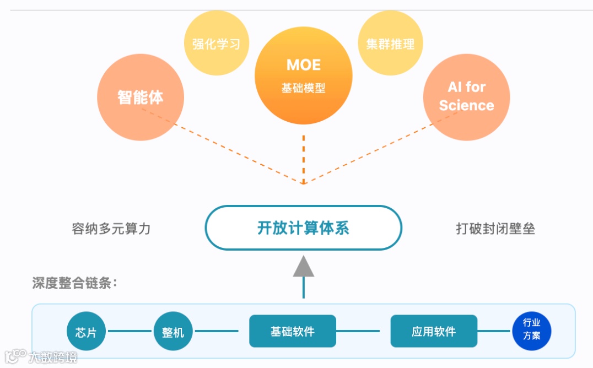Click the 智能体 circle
[x=141, y=97]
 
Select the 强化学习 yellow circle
[x=216, y=44]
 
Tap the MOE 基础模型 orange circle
[x=303, y=75]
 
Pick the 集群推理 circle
[x=390, y=44]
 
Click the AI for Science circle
[x=466, y=97]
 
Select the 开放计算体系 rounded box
[x=303, y=228]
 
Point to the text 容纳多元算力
[x=111, y=229]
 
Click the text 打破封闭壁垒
[x=495, y=229]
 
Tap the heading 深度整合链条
[x=74, y=283]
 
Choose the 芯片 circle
[x=85, y=332]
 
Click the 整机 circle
[x=172, y=332]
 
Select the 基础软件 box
[x=293, y=331]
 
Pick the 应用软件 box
[x=434, y=331]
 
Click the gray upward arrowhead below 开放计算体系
[x=303, y=267]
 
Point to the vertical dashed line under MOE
[x=303, y=157]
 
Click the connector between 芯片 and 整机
[x=129, y=331]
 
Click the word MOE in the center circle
[x=303, y=65]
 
